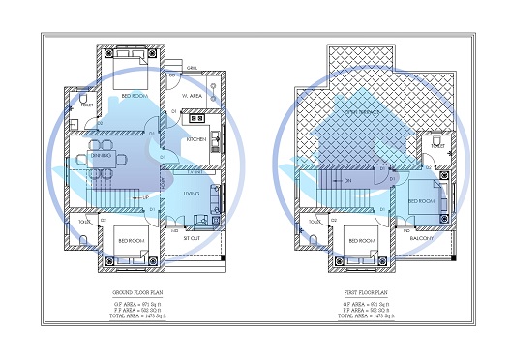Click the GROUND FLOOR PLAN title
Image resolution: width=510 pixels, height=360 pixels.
pyautogui.click(x=143, y=290)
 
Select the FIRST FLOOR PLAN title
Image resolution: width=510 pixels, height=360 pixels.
pyautogui.click(x=365, y=290)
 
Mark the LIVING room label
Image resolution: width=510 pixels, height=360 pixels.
pyautogui.click(x=193, y=194)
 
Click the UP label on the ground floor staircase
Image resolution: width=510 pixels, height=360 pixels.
pyautogui.click(x=144, y=199)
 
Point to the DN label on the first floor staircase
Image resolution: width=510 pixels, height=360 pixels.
pyautogui.click(x=345, y=180)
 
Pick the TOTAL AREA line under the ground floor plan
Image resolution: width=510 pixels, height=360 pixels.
pyautogui.click(x=143, y=316)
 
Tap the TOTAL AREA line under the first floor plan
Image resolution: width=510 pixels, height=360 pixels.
pyautogui.click(x=365, y=316)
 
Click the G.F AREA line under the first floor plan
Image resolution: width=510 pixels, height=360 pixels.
pyautogui.click(x=365, y=303)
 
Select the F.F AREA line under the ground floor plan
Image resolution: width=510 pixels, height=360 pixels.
pyautogui.click(x=143, y=310)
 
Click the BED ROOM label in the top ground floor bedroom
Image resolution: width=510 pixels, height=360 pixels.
pyautogui.click(x=135, y=95)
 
